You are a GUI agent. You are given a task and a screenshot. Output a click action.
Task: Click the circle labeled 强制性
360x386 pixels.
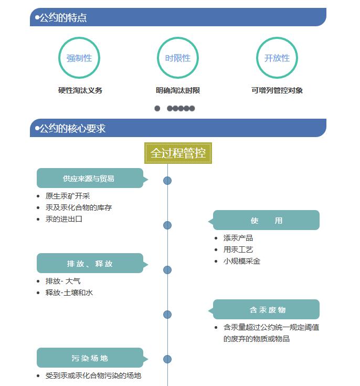tap(79, 37)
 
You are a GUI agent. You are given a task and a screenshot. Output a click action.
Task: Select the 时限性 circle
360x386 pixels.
tap(178, 37)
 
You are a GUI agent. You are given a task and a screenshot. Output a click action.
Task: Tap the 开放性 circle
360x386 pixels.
tap(277, 37)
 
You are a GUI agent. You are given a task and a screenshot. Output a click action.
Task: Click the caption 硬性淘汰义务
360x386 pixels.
tap(80, 90)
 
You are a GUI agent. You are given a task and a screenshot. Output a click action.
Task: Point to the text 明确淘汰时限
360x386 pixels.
tap(178, 90)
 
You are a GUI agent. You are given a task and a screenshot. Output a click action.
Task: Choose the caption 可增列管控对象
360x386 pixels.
tap(277, 90)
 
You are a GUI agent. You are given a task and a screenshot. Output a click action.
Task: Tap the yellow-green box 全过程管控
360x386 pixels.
tap(178, 153)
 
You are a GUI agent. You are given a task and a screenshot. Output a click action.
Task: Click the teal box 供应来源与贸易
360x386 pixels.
tap(90, 178)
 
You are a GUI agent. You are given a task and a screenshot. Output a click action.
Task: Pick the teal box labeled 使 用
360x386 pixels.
tap(266, 220)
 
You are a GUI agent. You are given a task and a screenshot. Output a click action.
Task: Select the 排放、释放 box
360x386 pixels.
tap(90, 263)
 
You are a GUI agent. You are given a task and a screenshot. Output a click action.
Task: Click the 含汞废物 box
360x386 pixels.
tap(266, 309)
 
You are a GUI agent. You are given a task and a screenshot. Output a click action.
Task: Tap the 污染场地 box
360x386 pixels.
tap(90, 358)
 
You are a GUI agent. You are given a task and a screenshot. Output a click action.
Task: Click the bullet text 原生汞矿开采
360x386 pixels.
tap(67, 196)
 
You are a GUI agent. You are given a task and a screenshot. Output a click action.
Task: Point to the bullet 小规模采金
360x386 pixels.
tap(241, 261)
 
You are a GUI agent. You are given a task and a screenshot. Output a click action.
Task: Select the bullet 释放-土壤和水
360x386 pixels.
tap(69, 293)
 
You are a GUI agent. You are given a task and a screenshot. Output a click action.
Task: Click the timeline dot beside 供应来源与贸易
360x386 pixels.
tap(167, 181)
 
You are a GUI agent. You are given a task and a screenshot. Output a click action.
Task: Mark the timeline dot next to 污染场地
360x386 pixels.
tap(167, 359)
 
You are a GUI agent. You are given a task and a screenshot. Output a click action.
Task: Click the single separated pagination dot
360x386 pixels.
tap(157, 108)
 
